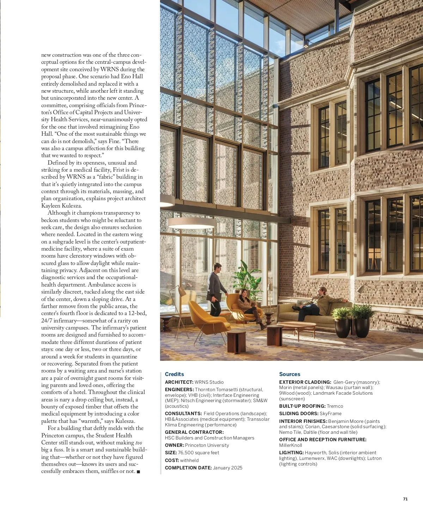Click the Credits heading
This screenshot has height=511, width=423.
(174, 374)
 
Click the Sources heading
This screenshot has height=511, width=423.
(289, 374)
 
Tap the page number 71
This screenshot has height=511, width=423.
(405, 499)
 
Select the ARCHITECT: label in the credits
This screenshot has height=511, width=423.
(179, 382)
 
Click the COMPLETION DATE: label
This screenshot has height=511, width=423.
(188, 468)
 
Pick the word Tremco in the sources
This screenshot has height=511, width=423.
(335, 406)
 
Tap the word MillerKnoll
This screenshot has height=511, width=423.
(290, 445)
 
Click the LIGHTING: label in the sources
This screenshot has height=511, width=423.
(291, 453)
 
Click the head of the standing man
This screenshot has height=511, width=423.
(217, 266)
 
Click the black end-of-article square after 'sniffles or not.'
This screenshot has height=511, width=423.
(138, 472)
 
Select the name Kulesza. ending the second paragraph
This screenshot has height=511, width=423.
(61, 206)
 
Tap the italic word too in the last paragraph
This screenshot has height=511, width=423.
(139, 443)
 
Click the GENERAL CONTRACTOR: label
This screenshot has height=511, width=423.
(194, 432)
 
